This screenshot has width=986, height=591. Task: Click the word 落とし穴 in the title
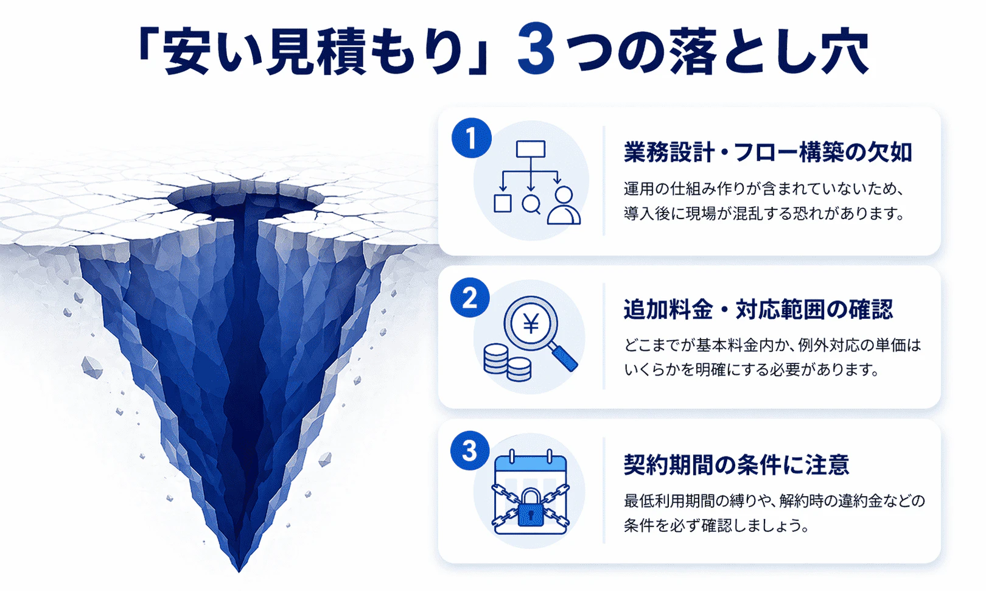pos(768,51)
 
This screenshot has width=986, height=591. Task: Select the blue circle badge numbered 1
pos(471,138)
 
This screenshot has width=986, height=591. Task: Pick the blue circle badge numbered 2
pos(470,298)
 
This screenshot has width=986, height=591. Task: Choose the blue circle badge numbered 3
pos(470,451)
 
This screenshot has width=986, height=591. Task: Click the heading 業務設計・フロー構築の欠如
pos(767,152)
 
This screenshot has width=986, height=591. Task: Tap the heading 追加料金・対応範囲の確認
pos(758,309)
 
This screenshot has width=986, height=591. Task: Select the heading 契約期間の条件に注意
pos(736,464)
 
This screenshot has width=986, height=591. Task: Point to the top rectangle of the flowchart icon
pos(530,149)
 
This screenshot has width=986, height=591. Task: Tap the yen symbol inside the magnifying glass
pos(531,323)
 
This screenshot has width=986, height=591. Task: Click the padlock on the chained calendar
pos(531,508)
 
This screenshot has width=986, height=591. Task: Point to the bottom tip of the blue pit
pos(239,567)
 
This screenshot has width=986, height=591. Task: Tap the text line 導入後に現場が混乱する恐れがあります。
pos(764,214)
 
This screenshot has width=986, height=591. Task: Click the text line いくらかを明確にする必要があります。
pos(752,369)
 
